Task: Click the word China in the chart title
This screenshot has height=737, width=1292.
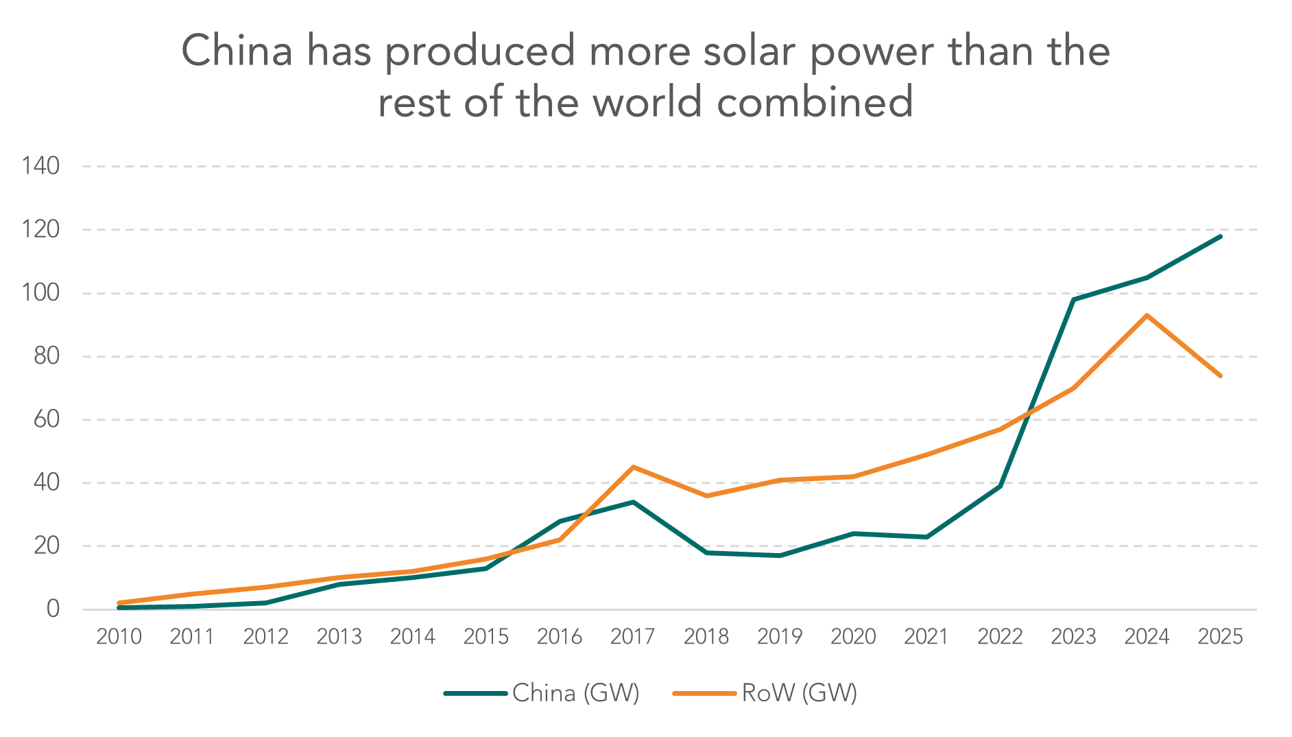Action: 237,51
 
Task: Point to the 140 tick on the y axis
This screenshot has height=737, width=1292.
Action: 40,166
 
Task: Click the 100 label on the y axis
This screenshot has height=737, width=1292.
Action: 40,293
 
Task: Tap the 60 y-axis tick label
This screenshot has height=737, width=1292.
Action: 47,419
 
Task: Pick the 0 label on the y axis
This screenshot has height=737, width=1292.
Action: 53,609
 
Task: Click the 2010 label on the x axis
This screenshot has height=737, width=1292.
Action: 119,637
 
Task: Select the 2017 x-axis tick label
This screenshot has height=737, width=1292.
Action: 632,637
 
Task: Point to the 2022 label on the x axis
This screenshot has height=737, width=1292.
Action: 1000,637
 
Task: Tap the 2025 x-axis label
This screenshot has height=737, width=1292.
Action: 1220,637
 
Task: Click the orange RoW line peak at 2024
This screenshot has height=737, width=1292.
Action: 1147,315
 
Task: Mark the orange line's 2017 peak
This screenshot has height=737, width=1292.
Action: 632,467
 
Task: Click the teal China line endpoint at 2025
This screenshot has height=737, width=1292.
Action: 1220,236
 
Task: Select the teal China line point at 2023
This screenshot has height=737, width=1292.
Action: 1073,299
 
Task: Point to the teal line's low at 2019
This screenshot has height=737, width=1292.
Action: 780,555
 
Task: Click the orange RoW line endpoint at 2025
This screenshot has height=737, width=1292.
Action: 1220,375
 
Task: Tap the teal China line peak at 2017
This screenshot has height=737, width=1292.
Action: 632,502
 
